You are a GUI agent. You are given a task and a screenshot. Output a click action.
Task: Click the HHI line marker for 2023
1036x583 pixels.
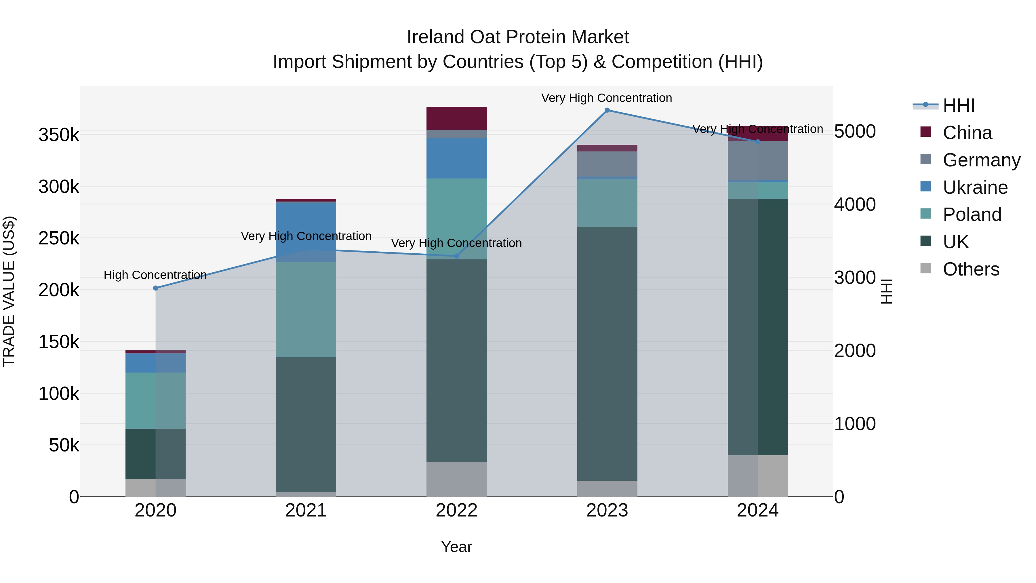coord(607,110)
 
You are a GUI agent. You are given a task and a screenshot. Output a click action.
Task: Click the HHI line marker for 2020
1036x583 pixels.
coord(156,288)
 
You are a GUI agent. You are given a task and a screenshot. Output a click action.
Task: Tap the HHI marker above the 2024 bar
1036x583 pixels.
coord(758,142)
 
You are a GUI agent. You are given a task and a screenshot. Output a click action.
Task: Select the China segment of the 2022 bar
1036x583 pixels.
coord(456,118)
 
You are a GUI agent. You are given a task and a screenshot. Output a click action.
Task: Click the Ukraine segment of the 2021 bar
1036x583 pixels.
coord(306,232)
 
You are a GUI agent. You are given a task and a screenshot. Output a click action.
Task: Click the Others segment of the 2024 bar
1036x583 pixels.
coord(758,476)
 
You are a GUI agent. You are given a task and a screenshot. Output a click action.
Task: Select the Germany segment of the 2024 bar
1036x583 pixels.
coord(758,161)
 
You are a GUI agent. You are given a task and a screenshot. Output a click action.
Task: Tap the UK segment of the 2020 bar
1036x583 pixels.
coord(156,453)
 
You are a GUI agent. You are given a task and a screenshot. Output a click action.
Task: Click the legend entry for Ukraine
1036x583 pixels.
coord(975,187)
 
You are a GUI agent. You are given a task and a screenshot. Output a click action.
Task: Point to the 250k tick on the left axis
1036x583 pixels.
coord(59,238)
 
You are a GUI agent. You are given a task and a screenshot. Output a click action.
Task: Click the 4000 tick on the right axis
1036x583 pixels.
coord(855,204)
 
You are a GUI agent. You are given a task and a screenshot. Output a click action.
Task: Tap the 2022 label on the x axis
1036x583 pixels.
coord(456,510)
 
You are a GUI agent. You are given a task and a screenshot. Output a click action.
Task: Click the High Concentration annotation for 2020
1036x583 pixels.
coord(155,275)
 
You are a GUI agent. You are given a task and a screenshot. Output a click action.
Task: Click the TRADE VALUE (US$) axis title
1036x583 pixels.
coord(9,291)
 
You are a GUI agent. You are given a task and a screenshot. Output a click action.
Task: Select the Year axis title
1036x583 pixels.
coord(456,547)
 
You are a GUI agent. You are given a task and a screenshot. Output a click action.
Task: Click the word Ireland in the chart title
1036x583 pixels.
coord(436,37)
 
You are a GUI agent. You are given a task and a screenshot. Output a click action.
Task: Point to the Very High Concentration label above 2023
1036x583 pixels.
coord(606,98)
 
